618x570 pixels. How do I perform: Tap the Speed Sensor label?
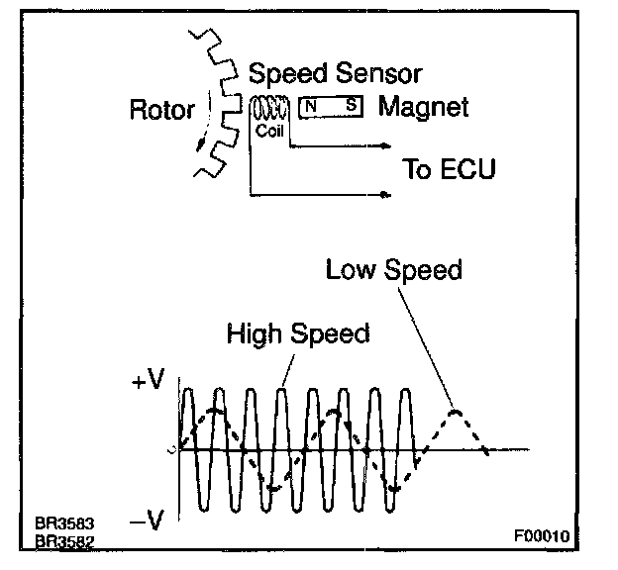[x=335, y=74]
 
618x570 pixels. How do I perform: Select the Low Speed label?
[x=394, y=269]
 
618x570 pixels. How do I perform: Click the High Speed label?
[x=297, y=333]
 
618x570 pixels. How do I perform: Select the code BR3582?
[x=56, y=541]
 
